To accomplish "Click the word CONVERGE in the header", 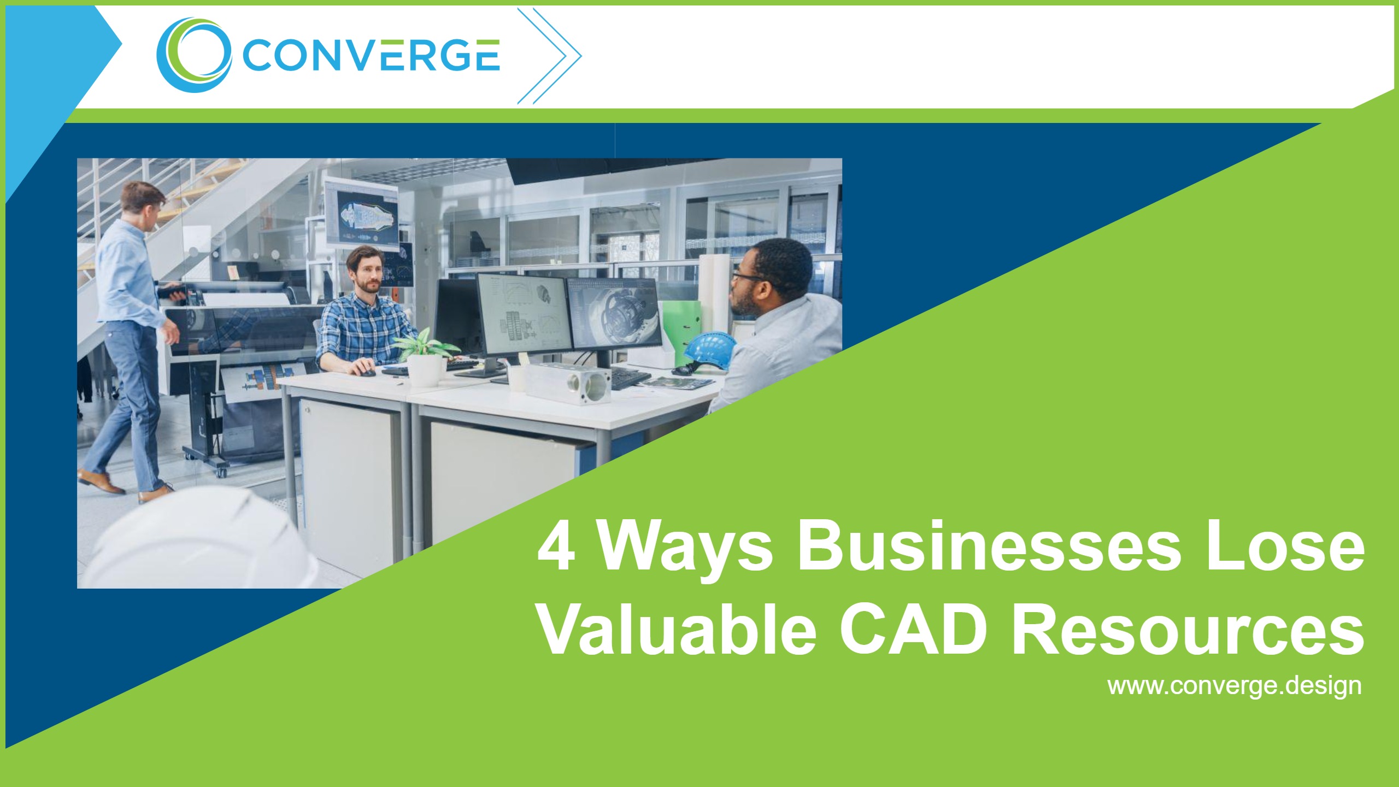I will pyautogui.click(x=371, y=55).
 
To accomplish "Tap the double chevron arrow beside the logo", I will pyautogui.click(x=549, y=56).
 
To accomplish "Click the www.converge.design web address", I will pyautogui.click(x=1234, y=685).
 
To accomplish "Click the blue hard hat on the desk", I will pyautogui.click(x=708, y=350).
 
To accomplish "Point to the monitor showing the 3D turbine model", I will pyautogui.click(x=614, y=314).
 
